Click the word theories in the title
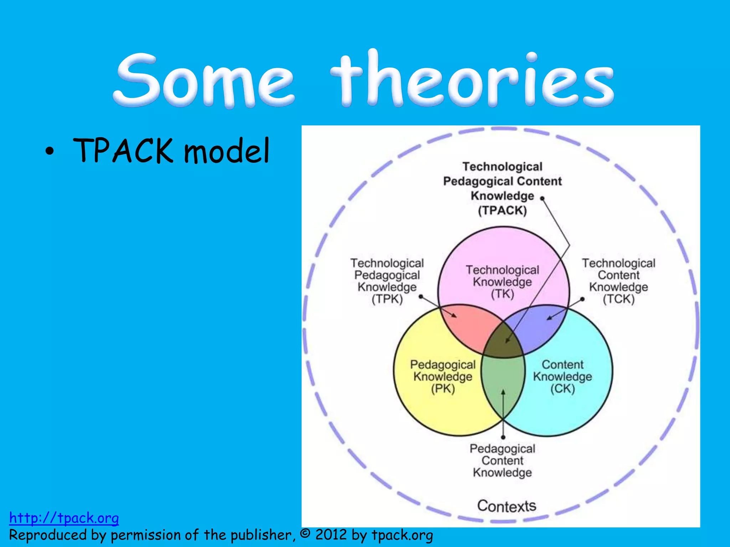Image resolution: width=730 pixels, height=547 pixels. [x=472, y=80]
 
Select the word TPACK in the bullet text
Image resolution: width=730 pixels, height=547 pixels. [x=123, y=151]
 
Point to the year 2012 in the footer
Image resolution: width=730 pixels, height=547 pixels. [x=331, y=535]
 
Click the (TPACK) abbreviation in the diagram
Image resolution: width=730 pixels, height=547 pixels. [x=502, y=210]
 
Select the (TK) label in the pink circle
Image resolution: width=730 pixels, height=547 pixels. [x=502, y=294]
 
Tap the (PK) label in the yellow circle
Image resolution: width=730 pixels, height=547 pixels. [x=443, y=389]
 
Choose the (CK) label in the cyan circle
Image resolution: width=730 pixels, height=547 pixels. [x=562, y=389]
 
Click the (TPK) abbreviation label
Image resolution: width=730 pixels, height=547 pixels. [x=387, y=299]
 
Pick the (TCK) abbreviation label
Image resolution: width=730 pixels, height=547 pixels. [x=619, y=299]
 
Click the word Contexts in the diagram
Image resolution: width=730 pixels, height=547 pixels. [x=507, y=506]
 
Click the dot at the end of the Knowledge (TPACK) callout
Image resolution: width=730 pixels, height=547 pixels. [x=542, y=198]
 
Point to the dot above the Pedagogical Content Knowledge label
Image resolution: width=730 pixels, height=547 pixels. [x=503, y=437]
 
